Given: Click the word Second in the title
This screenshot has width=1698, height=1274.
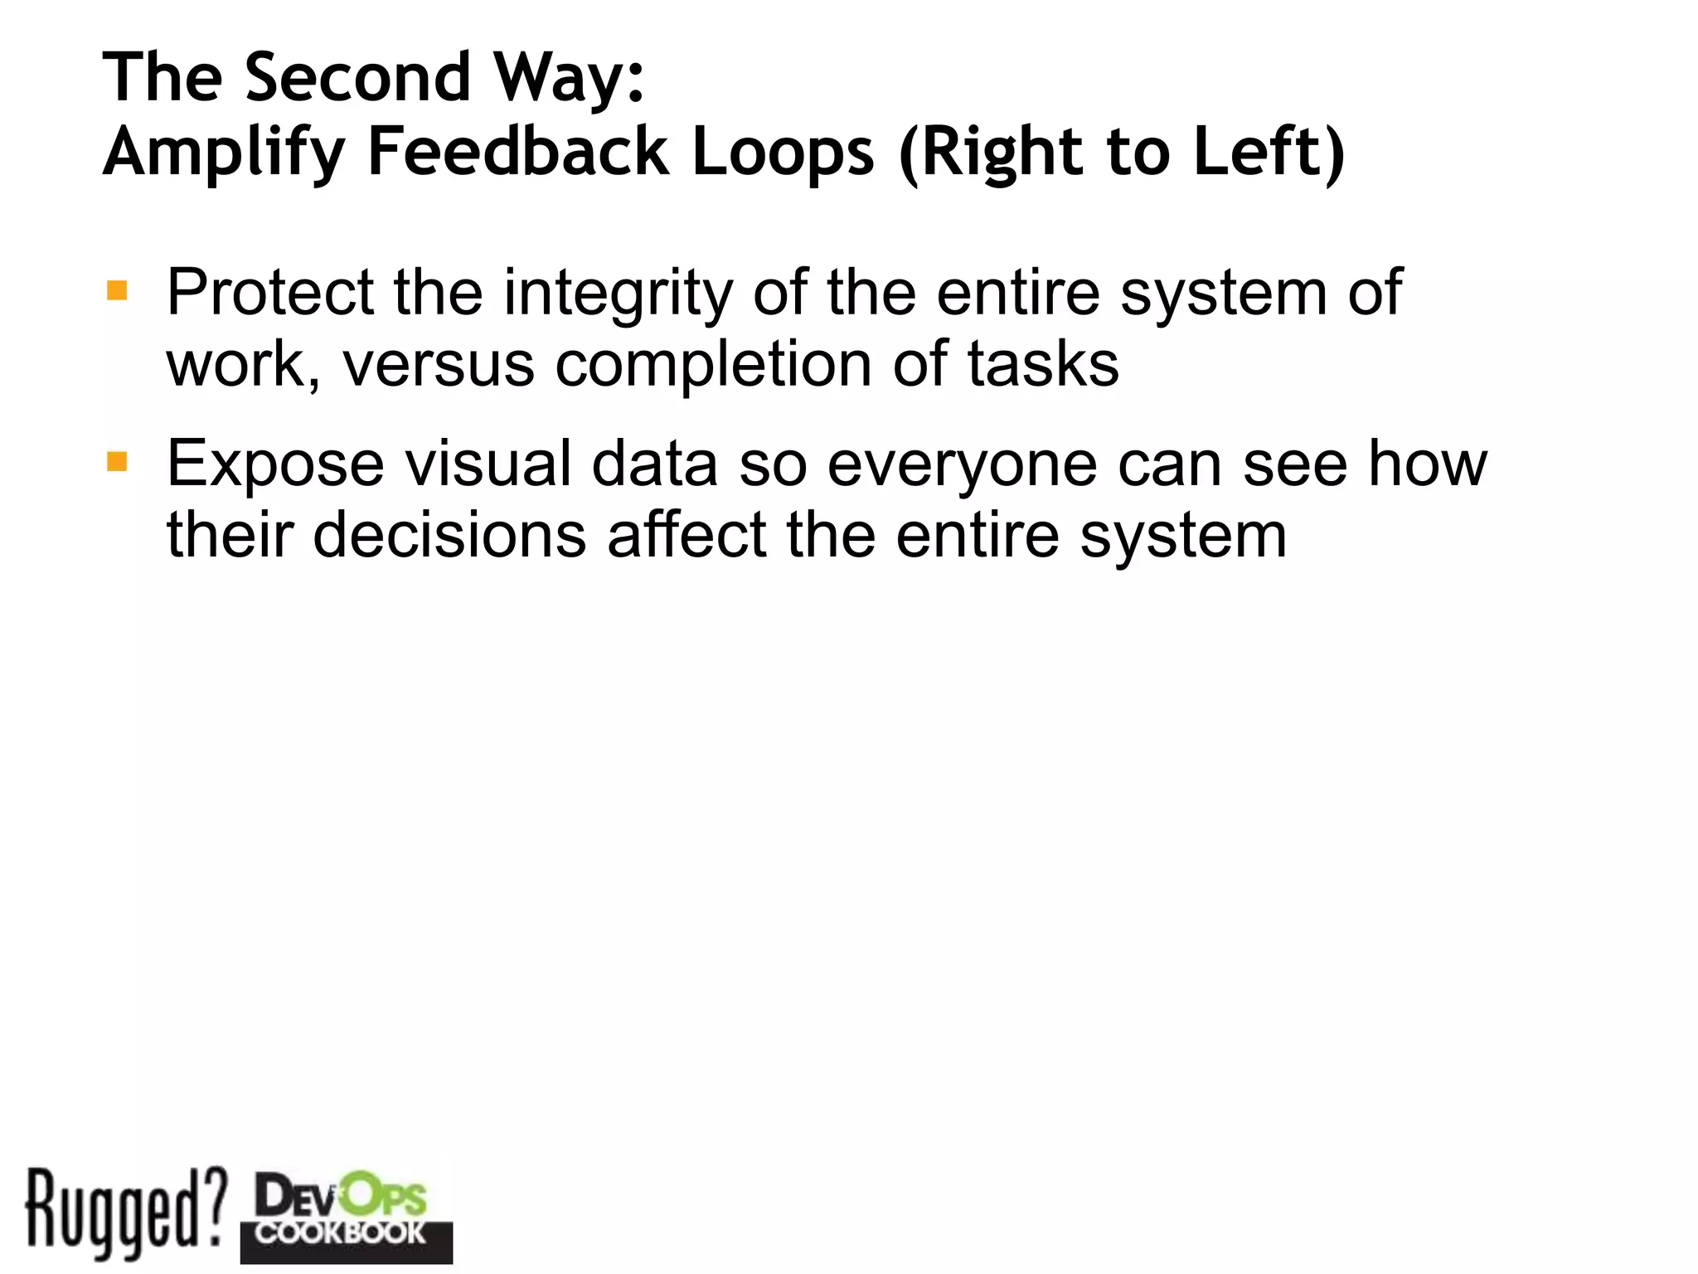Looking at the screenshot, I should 357,77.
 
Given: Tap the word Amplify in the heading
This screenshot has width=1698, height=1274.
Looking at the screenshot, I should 223,153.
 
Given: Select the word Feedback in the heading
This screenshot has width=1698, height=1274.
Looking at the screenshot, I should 518,153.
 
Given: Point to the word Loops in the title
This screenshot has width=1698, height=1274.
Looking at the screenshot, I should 783,153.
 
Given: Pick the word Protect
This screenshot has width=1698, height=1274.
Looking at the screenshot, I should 270,292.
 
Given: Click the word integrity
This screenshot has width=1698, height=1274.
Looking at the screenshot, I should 618,294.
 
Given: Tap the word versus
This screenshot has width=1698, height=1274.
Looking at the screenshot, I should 439,365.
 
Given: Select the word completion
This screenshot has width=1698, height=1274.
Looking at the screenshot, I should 713,365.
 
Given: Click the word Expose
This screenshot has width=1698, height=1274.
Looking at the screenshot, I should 275,464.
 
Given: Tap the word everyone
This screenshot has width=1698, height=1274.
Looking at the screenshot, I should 962,464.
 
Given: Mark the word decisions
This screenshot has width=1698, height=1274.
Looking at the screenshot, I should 449,535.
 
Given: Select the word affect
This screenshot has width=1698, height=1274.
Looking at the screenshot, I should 686,535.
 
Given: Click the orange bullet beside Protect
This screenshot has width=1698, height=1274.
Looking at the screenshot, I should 117,291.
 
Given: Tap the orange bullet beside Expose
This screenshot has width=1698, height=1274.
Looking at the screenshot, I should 117,461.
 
